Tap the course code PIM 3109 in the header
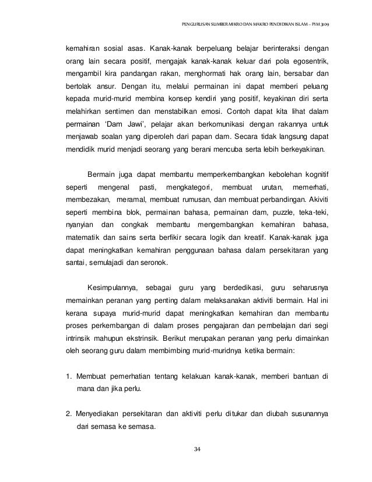pyautogui.click(x=321, y=25)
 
